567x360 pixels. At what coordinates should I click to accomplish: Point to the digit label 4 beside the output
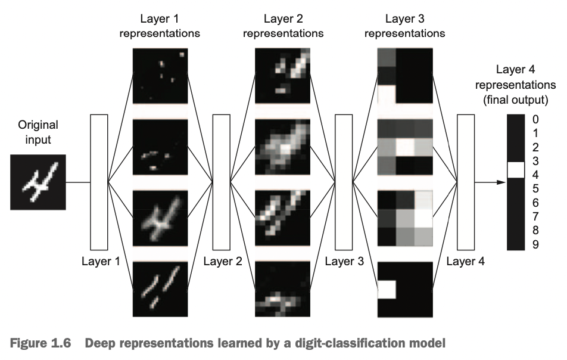(x=535, y=175)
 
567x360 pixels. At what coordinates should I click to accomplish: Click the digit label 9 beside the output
(x=535, y=244)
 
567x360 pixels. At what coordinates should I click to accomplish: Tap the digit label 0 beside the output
(x=535, y=119)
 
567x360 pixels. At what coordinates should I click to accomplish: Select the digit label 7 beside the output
(x=535, y=216)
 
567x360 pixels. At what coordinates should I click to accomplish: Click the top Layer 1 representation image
(x=160, y=76)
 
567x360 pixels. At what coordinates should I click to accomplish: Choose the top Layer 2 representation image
(x=282, y=76)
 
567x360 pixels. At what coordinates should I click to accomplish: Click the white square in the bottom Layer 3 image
(x=387, y=289)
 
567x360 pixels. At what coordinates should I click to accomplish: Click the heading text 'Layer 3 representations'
(x=404, y=27)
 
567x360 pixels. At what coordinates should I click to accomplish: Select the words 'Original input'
(x=38, y=132)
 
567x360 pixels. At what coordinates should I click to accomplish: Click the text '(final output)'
(x=515, y=98)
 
